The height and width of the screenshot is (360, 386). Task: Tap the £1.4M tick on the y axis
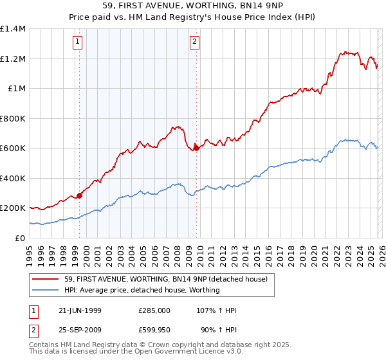tap(13, 29)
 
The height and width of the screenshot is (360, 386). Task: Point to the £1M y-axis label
tap(16, 89)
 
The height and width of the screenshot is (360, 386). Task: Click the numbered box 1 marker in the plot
tap(77, 42)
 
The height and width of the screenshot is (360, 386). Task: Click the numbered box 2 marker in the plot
tap(194, 42)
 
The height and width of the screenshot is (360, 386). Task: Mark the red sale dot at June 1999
tap(80, 195)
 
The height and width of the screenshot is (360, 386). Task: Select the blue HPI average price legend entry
tap(142, 290)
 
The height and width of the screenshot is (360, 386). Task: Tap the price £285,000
tap(154, 310)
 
